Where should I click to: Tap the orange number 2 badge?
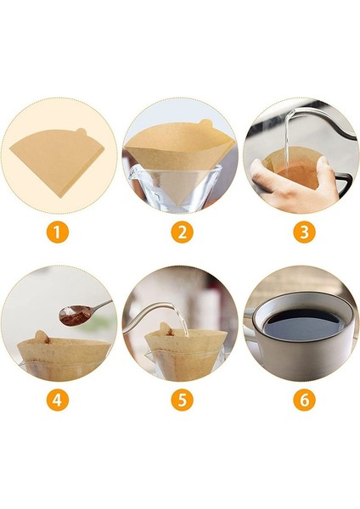click(180, 231)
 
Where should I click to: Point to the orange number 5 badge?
click(180, 400)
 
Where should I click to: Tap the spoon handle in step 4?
click(98, 305)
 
